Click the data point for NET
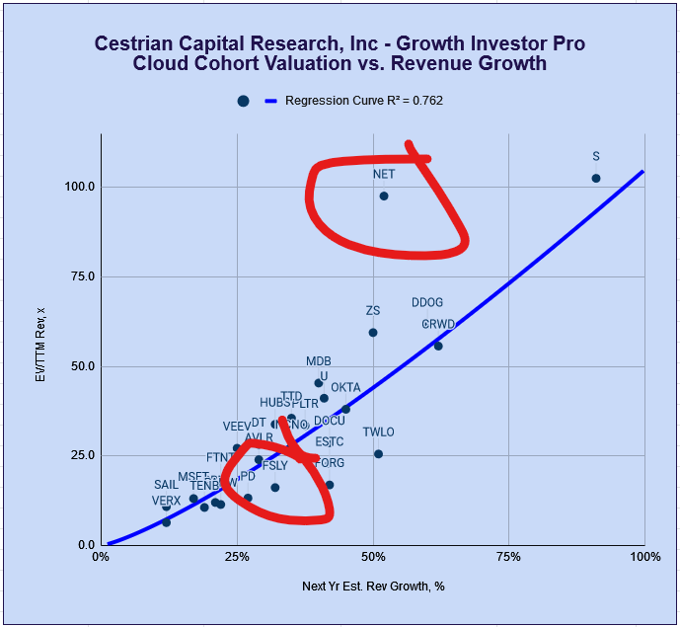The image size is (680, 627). pos(384,196)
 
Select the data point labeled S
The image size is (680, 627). pos(596,178)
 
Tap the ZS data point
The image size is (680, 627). pos(373,333)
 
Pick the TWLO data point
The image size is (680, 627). pos(378,454)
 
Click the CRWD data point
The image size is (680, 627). pos(438,346)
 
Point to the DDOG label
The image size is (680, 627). pos(427,303)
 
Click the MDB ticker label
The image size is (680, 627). pos(319,361)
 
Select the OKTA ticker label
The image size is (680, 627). pos(345,387)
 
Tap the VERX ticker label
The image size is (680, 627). pos(166,501)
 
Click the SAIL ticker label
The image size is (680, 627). pos(166,485)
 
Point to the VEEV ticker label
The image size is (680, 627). pos(237,427)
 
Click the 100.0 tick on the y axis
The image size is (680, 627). pos(80,187)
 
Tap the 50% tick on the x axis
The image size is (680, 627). pos(373,558)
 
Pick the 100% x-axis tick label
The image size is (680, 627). pos(643,558)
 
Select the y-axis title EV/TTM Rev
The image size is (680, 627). pos(40,345)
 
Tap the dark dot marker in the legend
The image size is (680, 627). pos(243,101)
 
